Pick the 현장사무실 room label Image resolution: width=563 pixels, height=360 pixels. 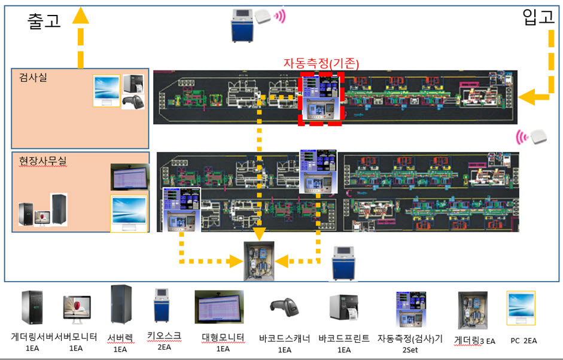[40, 160]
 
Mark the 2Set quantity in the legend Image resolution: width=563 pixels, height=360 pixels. [410, 349]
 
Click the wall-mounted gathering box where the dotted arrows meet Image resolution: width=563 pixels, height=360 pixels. [259, 260]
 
